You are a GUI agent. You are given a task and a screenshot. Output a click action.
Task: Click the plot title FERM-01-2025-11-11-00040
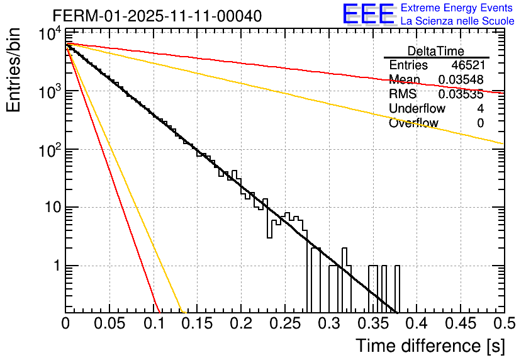tap(157, 16)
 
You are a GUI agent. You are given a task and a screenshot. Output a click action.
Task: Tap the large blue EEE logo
tap(368, 15)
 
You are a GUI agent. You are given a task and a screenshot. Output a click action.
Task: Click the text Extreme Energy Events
tap(457, 8)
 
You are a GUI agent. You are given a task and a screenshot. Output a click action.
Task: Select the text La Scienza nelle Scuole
tap(457, 21)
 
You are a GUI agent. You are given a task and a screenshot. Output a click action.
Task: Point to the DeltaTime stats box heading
tap(436, 51)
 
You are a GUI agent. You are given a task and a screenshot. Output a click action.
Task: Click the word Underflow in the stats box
tap(417, 109)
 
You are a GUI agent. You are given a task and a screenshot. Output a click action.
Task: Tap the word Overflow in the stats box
tap(413, 123)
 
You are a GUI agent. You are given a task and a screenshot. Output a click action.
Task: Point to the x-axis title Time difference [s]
tap(430, 346)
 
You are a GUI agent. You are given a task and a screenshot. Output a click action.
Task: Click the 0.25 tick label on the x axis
tap(284, 323)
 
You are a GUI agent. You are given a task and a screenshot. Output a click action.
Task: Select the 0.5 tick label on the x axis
tap(503, 323)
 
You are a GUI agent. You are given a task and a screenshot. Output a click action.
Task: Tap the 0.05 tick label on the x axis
tap(109, 323)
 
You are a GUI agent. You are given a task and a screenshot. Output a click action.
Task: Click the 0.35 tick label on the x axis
tap(372, 323)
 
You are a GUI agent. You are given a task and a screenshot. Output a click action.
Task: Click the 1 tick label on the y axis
tap(55, 266)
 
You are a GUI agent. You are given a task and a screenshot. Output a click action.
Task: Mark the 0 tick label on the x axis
tap(65, 323)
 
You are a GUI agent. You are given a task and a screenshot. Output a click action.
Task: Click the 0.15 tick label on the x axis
tap(197, 323)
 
